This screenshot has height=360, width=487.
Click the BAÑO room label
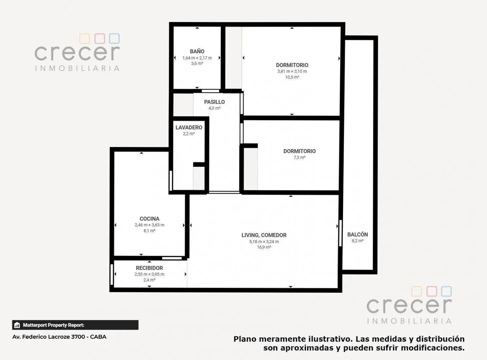(x=197, y=51)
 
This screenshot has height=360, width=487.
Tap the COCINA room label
(x=150, y=219)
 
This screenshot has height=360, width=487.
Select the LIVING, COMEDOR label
(x=264, y=235)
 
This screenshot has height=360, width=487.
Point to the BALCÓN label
(x=357, y=235)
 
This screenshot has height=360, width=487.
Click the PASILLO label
(x=215, y=102)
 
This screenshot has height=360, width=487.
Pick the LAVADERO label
(x=189, y=127)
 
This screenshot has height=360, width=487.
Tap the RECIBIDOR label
(x=149, y=268)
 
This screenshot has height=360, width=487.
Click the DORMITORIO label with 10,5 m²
(x=292, y=65)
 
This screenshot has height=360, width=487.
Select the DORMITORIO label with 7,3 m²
(x=299, y=151)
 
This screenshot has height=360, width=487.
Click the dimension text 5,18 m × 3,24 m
(x=264, y=242)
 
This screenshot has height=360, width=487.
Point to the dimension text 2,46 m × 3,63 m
(x=150, y=225)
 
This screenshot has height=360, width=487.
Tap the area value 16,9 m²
(x=264, y=247)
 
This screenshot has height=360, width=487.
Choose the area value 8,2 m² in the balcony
(x=357, y=241)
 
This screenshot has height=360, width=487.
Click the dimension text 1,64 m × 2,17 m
(x=197, y=58)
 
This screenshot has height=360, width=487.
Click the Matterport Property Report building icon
(x=17, y=325)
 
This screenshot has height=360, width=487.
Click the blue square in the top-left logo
(x=114, y=39)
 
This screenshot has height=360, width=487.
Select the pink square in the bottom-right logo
(x=432, y=291)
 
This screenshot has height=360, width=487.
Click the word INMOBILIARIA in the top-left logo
(x=77, y=68)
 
